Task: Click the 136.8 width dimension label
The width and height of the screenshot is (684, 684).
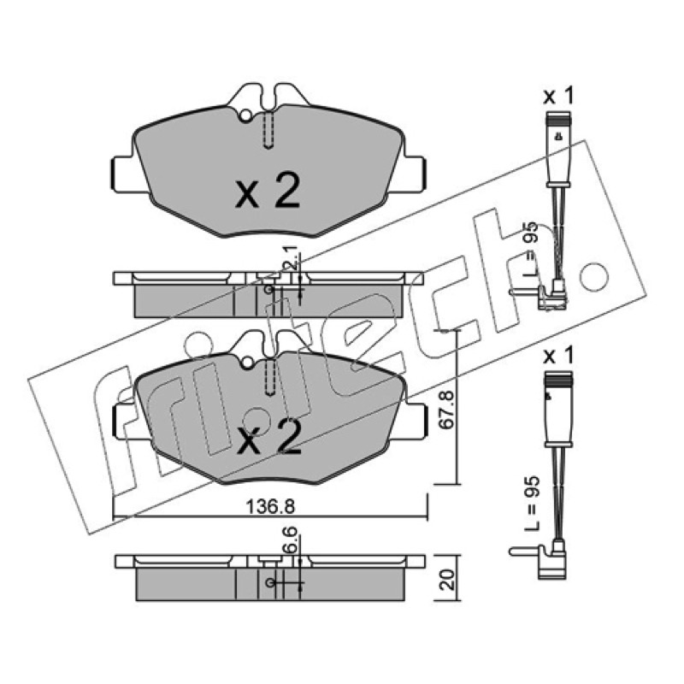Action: pos(270,506)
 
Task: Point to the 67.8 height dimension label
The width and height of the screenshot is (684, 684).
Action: pos(447,410)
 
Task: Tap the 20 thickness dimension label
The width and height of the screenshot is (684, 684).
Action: pos(448,580)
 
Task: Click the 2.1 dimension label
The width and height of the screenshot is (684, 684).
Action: pos(291,257)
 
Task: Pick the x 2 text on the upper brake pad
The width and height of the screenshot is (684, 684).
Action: pos(268,190)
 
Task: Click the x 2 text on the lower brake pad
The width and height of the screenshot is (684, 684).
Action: pos(268,437)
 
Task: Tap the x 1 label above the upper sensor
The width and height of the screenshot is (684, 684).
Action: pos(559,96)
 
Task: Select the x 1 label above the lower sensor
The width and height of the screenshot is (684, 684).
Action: pos(559,357)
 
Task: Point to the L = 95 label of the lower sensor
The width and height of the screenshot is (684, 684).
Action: pos(532,503)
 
